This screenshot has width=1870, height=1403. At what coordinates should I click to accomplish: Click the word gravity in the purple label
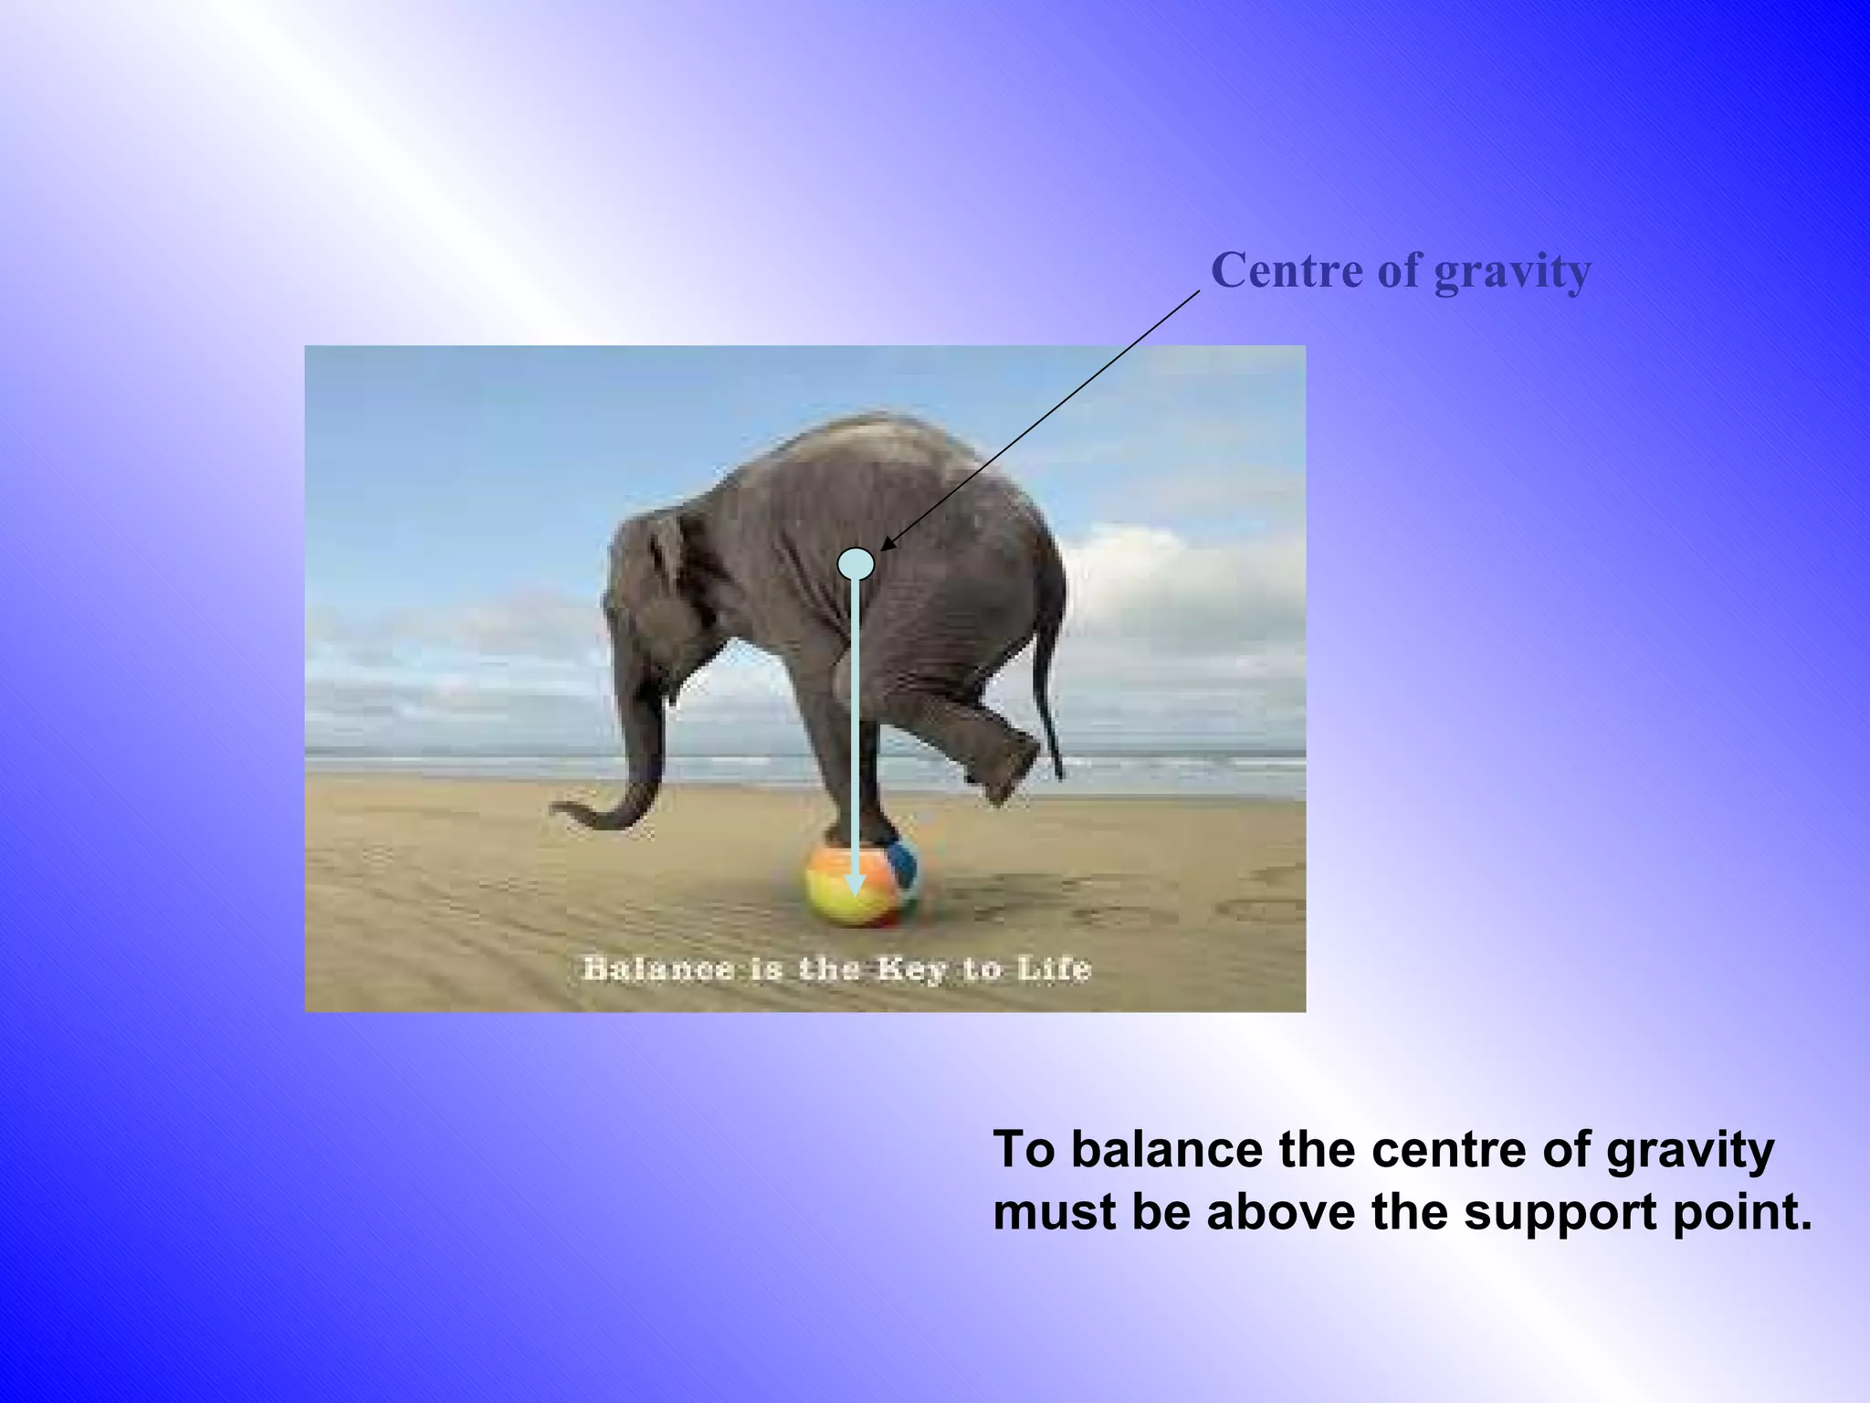point(1512,272)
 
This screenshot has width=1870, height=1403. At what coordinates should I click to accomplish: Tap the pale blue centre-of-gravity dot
point(856,563)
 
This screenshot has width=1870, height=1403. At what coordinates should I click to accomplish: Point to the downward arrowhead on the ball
point(855,883)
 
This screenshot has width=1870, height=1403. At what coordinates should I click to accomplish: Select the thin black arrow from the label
point(1041,420)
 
